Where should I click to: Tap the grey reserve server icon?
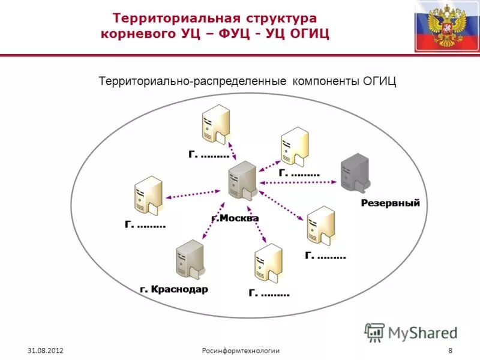point(354,173)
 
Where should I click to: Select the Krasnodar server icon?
point(190,259)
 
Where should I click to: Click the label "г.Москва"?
point(235,218)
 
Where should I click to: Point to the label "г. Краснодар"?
point(174,289)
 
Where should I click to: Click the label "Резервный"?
point(391,203)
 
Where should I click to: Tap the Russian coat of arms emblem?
point(446,26)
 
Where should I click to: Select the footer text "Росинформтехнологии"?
point(241,350)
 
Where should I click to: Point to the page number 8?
point(450,350)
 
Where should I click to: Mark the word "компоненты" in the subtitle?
point(326,81)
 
